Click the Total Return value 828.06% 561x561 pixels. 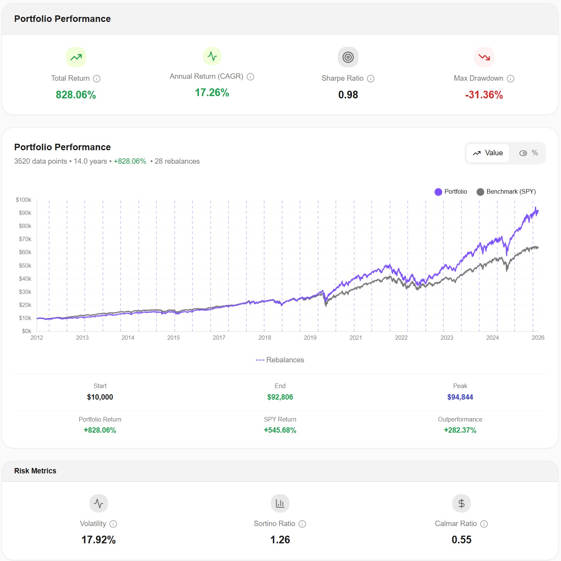76,95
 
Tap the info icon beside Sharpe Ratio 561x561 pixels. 371,78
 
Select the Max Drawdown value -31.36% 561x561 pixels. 484,95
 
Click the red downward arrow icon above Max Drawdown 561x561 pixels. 484,57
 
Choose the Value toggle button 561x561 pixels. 488,153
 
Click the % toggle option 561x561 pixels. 529,153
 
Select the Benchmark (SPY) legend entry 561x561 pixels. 506,192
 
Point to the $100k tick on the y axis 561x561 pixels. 23,200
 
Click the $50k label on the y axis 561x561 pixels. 25,266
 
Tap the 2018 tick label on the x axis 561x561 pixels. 265,338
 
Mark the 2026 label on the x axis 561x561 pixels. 538,338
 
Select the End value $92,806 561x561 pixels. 280,397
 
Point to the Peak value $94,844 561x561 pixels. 460,397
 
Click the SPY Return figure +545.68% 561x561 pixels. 280,430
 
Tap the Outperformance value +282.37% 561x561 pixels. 460,430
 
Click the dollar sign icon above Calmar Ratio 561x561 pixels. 461,503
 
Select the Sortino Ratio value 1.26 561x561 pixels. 280,540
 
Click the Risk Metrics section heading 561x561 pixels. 35,471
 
